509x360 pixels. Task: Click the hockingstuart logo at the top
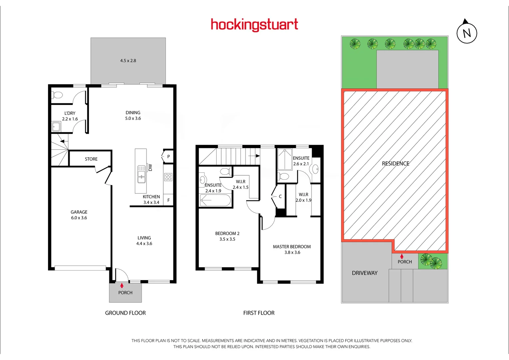click(x=254, y=25)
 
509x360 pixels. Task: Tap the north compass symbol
click(x=467, y=32)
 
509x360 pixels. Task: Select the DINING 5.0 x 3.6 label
click(x=133, y=115)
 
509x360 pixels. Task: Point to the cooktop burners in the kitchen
click(x=168, y=177)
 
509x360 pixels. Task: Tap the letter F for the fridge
click(x=169, y=200)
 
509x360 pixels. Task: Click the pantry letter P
click(x=169, y=156)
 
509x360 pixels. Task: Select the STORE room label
click(x=91, y=159)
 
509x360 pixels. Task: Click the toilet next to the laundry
click(x=57, y=95)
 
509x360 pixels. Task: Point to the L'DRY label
click(x=70, y=113)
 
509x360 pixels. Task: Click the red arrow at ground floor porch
click(x=122, y=285)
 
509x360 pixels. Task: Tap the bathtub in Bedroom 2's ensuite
click(x=215, y=201)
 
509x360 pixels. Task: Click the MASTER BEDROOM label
click(x=292, y=247)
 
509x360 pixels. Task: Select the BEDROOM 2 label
click(x=227, y=233)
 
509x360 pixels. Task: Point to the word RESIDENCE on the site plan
click(x=395, y=163)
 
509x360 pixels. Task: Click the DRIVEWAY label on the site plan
click(x=365, y=273)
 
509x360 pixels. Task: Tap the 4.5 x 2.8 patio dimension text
click(x=128, y=61)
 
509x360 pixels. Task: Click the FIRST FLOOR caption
click(x=259, y=313)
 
